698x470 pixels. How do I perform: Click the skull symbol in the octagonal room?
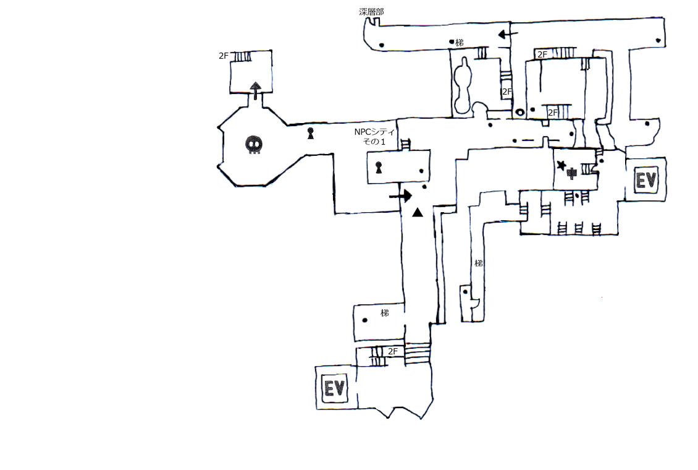(254, 145)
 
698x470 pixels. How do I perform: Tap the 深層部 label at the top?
(371, 12)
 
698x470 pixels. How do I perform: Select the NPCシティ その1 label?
(374, 137)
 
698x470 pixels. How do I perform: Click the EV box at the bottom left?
(334, 388)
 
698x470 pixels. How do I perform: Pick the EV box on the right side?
(646, 180)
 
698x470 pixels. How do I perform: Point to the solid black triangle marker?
(417, 213)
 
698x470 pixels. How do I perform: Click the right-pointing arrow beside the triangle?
(401, 196)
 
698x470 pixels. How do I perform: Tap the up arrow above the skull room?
(255, 91)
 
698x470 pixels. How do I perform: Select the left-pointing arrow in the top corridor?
(508, 34)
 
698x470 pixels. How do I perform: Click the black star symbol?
(561, 165)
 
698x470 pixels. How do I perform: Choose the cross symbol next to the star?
(572, 174)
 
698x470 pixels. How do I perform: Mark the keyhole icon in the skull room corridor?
(311, 133)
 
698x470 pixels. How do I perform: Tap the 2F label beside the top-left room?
(224, 56)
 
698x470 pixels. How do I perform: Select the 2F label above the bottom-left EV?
(393, 351)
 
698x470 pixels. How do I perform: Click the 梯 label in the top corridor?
(460, 43)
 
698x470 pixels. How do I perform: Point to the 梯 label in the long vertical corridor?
(479, 263)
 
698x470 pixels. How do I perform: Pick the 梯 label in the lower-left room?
(385, 313)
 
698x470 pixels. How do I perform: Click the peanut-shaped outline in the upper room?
(462, 85)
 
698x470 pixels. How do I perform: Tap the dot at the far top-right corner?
(658, 41)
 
